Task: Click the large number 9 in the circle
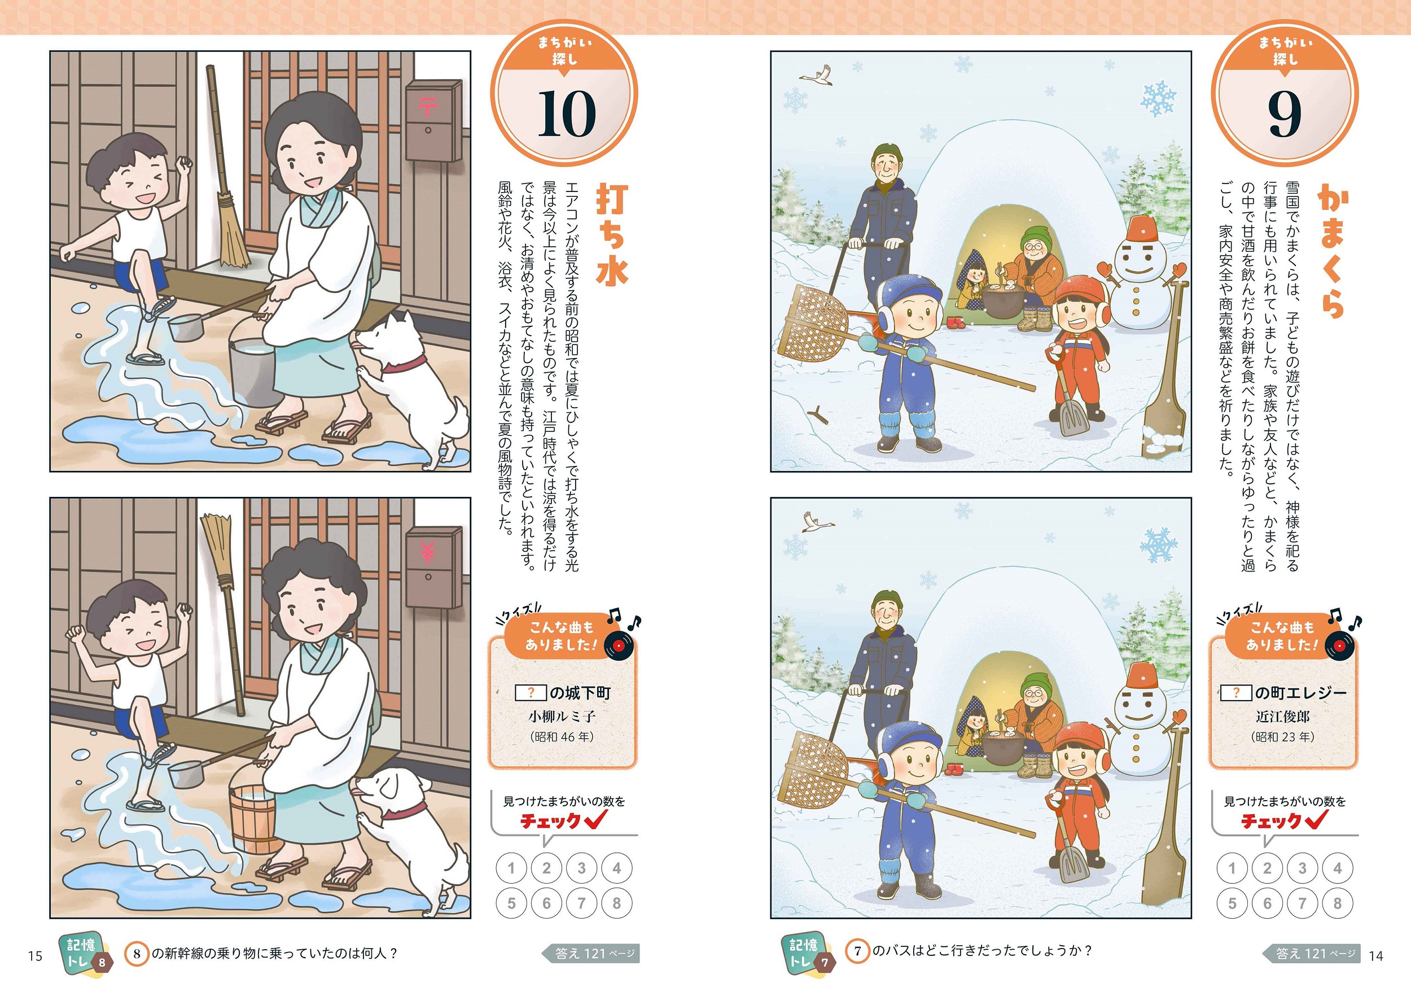click(1285, 115)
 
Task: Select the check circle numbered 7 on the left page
click(581, 903)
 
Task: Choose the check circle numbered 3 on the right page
click(1302, 868)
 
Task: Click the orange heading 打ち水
click(612, 234)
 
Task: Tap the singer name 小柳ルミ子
click(562, 717)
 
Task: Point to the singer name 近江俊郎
click(1282, 717)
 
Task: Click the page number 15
click(35, 955)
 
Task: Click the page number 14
click(1376, 955)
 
